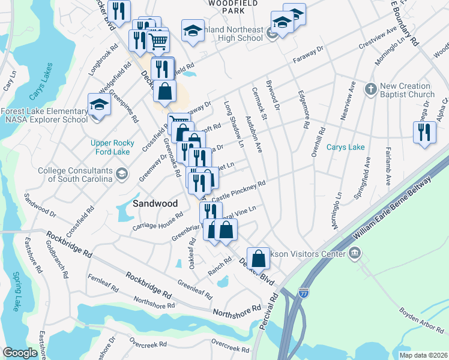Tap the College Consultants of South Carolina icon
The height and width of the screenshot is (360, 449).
click(x=122, y=175)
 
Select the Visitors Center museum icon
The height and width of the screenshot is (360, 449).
click(x=354, y=253)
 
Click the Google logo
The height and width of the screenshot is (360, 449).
click(x=20, y=353)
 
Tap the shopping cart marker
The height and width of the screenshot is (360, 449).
click(x=158, y=41)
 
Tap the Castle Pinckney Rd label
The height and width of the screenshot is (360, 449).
click(x=238, y=191)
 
